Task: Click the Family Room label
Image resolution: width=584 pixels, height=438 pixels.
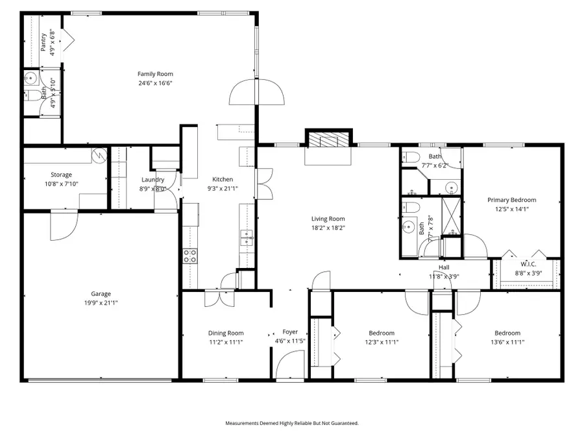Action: click(155, 74)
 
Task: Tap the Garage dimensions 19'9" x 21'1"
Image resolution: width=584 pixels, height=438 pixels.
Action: click(100, 302)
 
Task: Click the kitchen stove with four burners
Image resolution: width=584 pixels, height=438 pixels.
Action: click(190, 256)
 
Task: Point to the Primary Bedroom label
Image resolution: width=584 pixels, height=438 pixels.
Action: click(512, 201)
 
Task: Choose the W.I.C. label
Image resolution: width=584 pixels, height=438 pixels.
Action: click(528, 264)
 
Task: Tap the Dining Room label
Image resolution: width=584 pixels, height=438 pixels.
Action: click(226, 333)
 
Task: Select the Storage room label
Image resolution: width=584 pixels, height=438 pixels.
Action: click(62, 175)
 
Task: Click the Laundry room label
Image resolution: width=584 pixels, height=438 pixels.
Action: click(153, 180)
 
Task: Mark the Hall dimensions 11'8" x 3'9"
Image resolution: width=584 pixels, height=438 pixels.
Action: click(444, 276)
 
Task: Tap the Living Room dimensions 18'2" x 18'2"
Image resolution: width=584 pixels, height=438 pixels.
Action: click(328, 228)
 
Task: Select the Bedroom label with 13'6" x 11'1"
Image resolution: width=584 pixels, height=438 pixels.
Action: click(507, 333)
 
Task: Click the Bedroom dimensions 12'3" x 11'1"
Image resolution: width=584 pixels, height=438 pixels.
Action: click(381, 342)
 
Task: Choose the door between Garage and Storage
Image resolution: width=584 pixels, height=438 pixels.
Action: click(64, 224)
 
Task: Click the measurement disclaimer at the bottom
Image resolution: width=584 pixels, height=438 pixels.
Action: click(291, 423)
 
